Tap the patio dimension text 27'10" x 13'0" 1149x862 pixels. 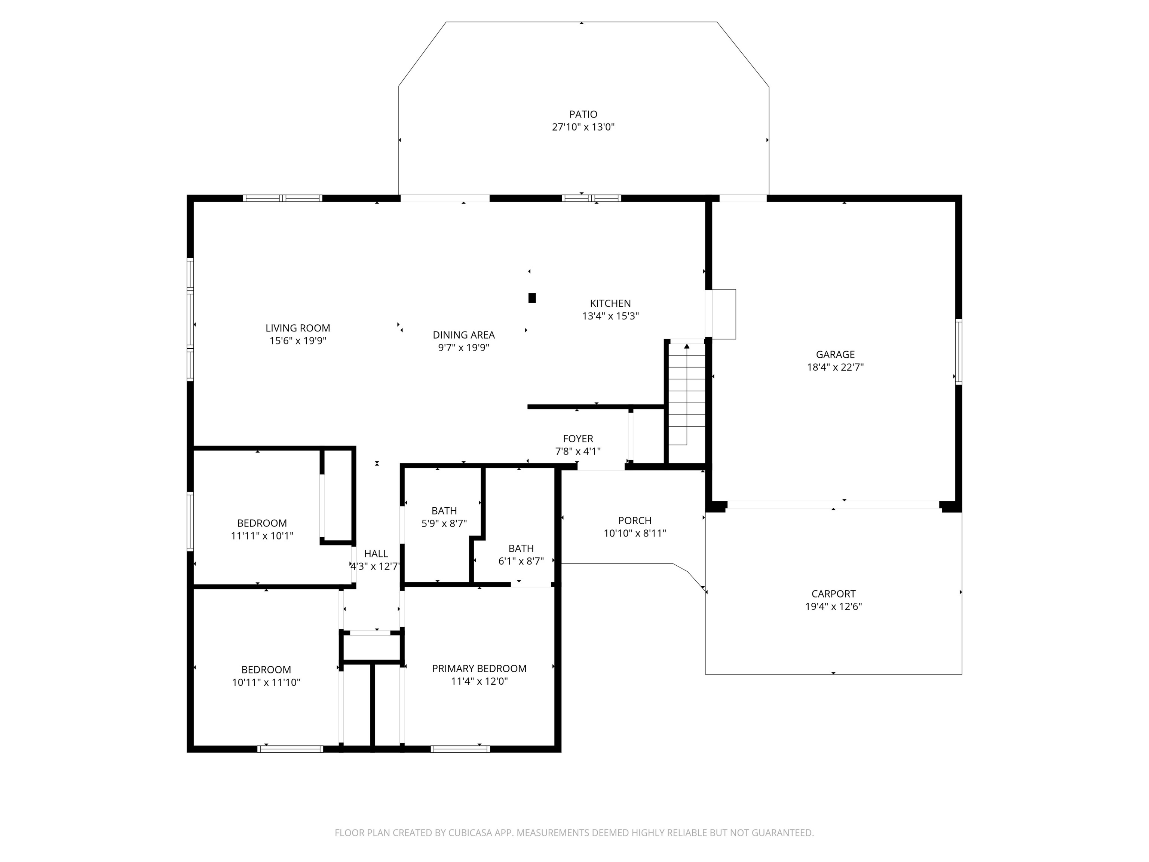pyautogui.click(x=583, y=127)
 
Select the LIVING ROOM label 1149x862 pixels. pyautogui.click(x=298, y=328)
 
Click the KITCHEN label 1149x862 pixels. pyautogui.click(x=610, y=303)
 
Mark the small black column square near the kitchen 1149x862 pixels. pyautogui.click(x=532, y=298)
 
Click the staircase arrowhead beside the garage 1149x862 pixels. pyautogui.click(x=687, y=346)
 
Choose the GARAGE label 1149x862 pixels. pyautogui.click(x=835, y=354)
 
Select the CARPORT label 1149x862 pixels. pyautogui.click(x=833, y=593)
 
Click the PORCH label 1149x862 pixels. pyautogui.click(x=635, y=520)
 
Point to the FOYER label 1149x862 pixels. pyautogui.click(x=577, y=438)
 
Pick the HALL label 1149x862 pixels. pyautogui.click(x=376, y=553)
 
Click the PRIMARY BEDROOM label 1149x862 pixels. pyautogui.click(x=479, y=668)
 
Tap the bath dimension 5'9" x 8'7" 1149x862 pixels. pyautogui.click(x=444, y=524)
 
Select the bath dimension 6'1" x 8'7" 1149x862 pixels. pyautogui.click(x=521, y=561)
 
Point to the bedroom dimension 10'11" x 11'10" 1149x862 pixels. pyautogui.click(x=266, y=682)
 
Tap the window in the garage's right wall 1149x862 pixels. pyautogui.click(x=958, y=351)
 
